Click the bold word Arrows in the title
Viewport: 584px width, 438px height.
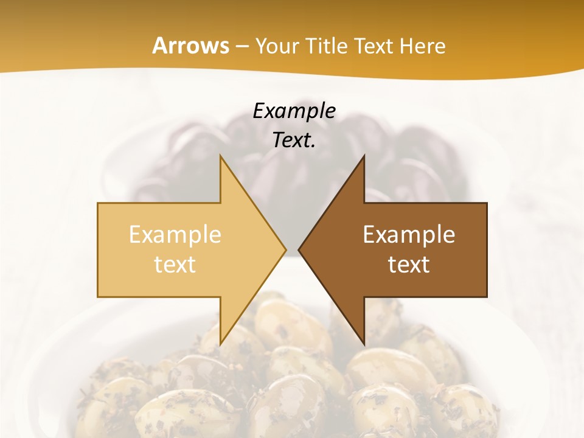click(x=190, y=46)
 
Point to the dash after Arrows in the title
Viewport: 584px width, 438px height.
click(x=241, y=47)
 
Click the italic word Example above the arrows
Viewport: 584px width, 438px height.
click(x=294, y=111)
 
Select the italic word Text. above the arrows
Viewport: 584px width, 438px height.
click(x=293, y=141)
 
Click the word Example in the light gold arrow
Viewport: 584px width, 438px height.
click(x=175, y=235)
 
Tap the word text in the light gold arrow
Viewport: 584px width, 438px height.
click(x=175, y=265)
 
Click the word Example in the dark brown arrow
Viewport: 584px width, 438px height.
click(x=409, y=235)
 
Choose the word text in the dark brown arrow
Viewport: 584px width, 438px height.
click(x=409, y=265)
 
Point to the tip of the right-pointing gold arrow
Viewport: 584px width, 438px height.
click(x=285, y=250)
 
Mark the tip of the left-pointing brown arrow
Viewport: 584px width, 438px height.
click(x=299, y=250)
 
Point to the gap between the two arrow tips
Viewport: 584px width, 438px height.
click(x=292, y=250)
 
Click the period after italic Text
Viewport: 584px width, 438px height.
click(x=313, y=147)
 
